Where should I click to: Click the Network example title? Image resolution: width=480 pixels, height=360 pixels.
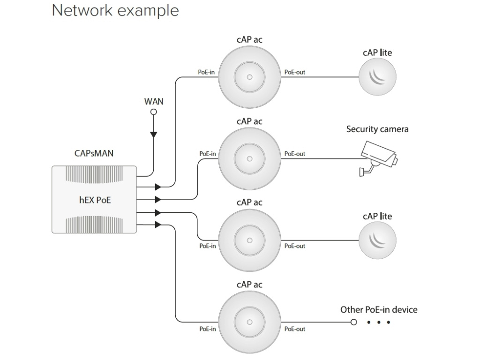pyautogui.click(x=115, y=10)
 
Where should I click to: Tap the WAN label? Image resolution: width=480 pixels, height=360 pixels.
pyautogui.click(x=153, y=101)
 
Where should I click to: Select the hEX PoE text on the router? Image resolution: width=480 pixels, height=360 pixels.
pyautogui.click(x=95, y=200)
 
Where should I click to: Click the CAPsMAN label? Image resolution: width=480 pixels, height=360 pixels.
pyautogui.click(x=94, y=153)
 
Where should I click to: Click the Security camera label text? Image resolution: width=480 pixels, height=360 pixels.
pyautogui.click(x=377, y=129)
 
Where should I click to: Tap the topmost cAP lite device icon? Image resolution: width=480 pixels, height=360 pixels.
pyautogui.click(x=377, y=77)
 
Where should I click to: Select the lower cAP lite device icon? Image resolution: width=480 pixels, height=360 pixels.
pyautogui.click(x=377, y=240)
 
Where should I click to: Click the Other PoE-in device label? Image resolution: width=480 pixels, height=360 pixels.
pyautogui.click(x=378, y=309)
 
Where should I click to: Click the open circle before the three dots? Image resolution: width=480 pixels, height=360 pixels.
pyautogui.click(x=354, y=322)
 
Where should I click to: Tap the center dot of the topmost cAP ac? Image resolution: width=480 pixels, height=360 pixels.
pyautogui.click(x=249, y=77)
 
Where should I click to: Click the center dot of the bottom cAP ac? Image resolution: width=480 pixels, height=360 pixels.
pyautogui.click(x=249, y=322)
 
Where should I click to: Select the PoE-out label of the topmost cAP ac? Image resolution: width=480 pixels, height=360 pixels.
pyautogui.click(x=295, y=72)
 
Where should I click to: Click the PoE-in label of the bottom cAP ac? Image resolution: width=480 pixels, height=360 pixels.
pyautogui.click(x=208, y=329)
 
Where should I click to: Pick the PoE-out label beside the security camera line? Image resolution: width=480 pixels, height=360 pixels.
pyautogui.click(x=295, y=154)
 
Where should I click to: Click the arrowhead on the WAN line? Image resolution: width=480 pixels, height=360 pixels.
pyautogui.click(x=153, y=135)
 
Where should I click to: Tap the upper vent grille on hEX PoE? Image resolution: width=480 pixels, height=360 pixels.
pyautogui.click(x=94, y=174)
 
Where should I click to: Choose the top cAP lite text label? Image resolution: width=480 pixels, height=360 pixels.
pyautogui.click(x=377, y=53)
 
